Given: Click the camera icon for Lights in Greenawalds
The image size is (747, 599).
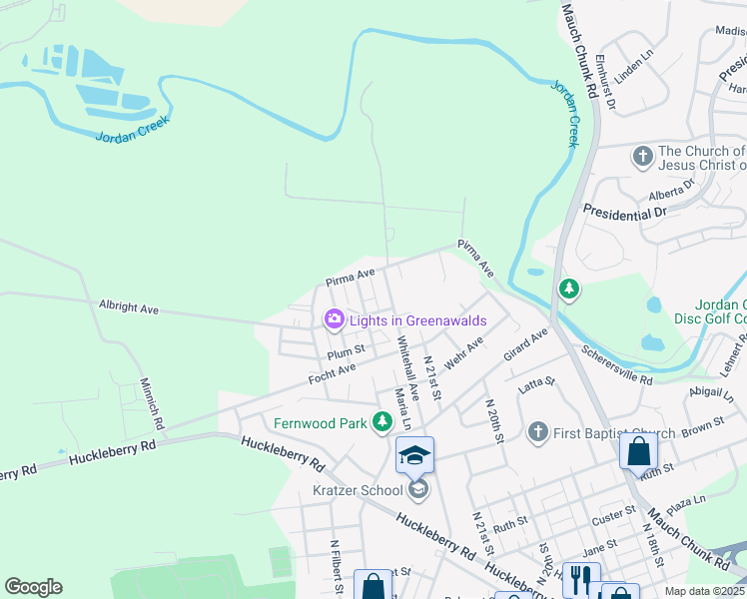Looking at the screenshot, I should (334, 319).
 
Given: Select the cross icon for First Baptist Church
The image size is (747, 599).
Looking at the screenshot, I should (538, 432).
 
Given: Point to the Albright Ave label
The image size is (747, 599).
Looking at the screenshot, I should (129, 308).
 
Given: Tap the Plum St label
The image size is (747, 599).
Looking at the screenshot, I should (347, 351).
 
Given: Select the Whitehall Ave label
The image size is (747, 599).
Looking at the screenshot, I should (407, 361).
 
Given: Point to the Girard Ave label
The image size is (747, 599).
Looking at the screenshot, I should (526, 344).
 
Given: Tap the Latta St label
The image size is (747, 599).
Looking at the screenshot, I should (536, 381).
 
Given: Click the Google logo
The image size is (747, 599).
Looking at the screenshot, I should (33, 587).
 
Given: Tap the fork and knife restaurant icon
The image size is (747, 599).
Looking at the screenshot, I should (581, 577).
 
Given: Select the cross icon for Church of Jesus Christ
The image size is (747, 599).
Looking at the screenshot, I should (642, 157).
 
